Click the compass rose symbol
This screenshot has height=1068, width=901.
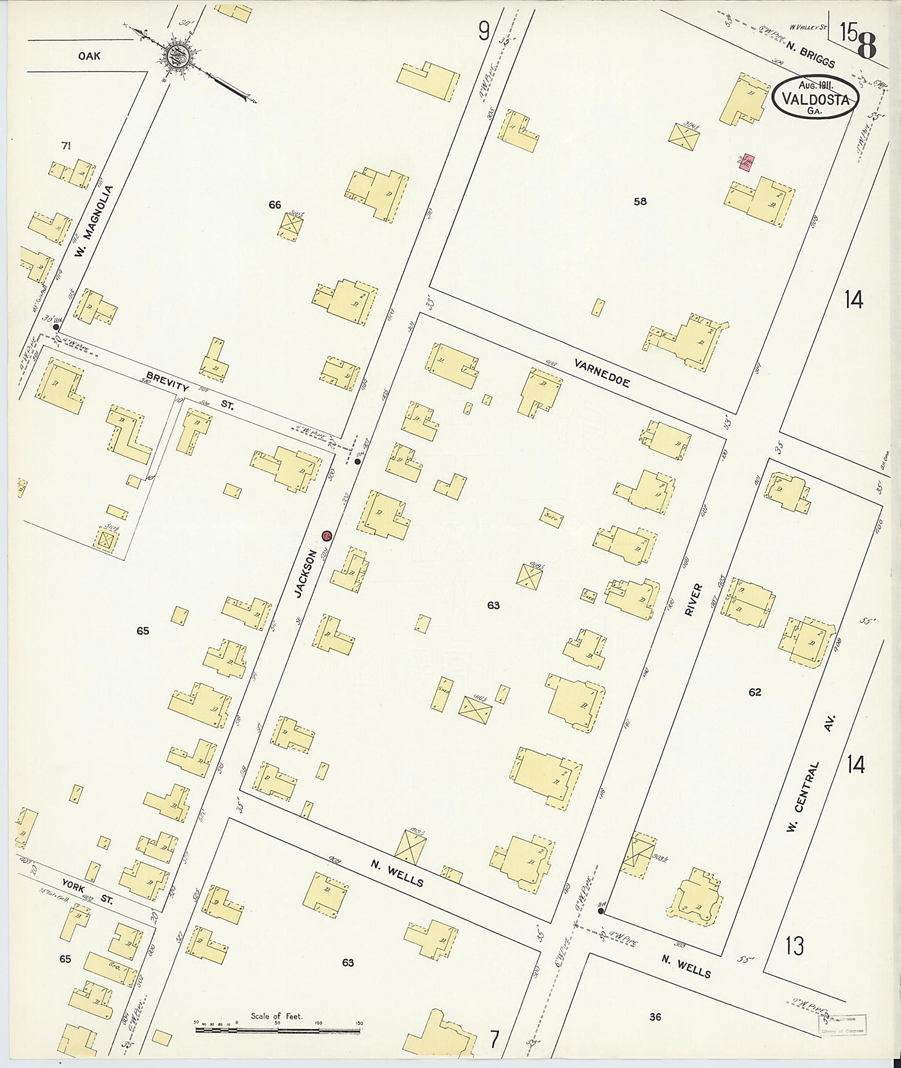(x=179, y=56)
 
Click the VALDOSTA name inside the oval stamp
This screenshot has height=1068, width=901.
(x=815, y=99)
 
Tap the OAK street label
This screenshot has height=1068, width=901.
(x=89, y=56)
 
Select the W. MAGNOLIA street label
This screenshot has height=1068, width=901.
(x=94, y=222)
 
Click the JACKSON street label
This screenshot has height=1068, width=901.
(x=306, y=573)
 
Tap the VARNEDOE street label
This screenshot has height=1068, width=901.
(x=602, y=373)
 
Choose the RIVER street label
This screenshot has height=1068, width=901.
(x=694, y=599)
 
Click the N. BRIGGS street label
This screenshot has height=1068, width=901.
(x=809, y=54)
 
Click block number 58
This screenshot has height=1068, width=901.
(x=640, y=201)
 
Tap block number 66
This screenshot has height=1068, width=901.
(x=275, y=205)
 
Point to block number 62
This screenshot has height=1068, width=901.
(x=754, y=692)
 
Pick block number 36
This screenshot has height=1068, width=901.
(x=655, y=1016)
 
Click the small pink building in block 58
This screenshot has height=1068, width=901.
(x=746, y=161)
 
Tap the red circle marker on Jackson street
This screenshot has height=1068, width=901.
(x=327, y=536)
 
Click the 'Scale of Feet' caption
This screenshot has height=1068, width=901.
(x=276, y=1016)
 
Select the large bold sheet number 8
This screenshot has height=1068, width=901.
(x=867, y=45)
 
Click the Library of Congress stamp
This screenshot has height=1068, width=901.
(x=842, y=1025)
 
